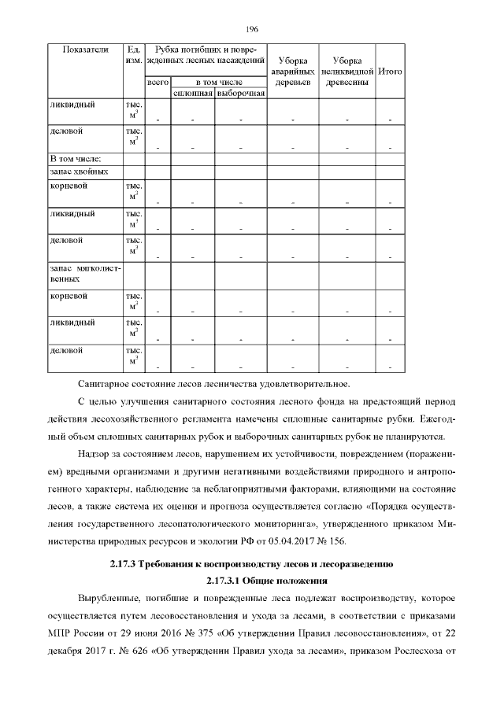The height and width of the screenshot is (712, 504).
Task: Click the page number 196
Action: [252, 30]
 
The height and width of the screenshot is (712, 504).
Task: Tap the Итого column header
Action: [391, 71]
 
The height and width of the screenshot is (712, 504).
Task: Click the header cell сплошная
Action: [194, 93]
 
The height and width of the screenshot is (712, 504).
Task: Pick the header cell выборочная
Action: [240, 93]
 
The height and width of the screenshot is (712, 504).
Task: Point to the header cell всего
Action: [158, 82]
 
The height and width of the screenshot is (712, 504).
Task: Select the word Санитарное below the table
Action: [107, 383]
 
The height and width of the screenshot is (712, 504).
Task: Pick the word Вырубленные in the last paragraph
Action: [110, 597]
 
